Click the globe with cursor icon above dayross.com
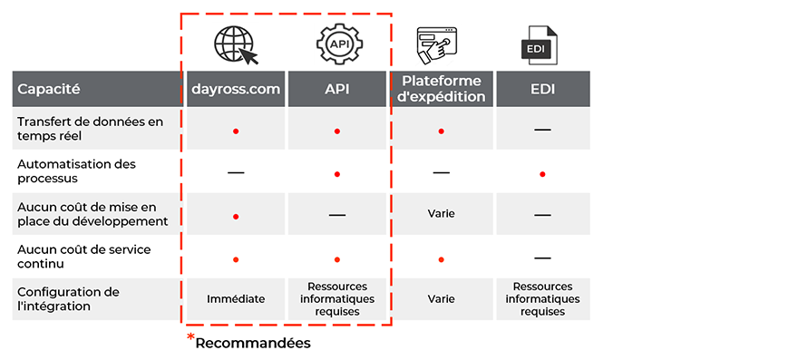coord(236,44)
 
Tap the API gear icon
coord(337,44)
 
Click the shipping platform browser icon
coord(440,44)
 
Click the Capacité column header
coord(49,90)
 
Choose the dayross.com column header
coord(236,90)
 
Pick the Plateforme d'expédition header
coord(442,90)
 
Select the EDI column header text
coord(542,90)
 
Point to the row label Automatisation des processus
coord(77,171)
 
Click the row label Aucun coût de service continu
coord(83,257)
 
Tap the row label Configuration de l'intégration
coord(68,299)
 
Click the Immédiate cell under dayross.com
coord(236,298)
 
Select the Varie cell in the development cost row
coord(442,214)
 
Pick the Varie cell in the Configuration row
coord(442,298)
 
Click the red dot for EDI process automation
coord(542,173)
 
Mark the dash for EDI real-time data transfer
coord(542,130)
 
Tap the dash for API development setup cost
coord(337,215)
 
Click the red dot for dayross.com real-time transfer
coord(236,131)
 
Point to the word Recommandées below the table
coord(253,343)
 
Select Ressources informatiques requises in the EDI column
coord(542,298)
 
